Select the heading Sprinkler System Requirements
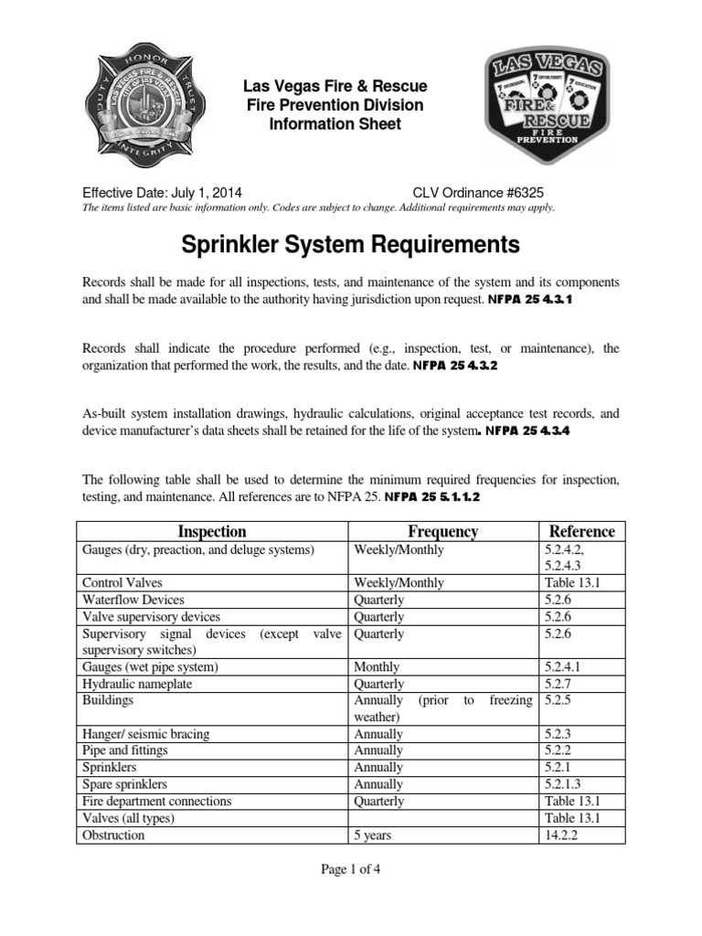coord(350,245)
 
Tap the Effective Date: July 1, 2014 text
coord(163,193)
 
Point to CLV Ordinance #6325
coord(483,193)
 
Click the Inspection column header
coord(211,531)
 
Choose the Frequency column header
coord(442,531)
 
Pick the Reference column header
coord(581,531)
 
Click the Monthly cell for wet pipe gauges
coord(377,667)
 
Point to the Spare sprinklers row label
coord(124,784)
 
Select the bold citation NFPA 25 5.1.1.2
coord(432,497)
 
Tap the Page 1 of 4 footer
coord(351,869)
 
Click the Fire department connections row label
coord(156,801)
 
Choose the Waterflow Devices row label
coord(133,600)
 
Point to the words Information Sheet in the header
coord(334,123)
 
